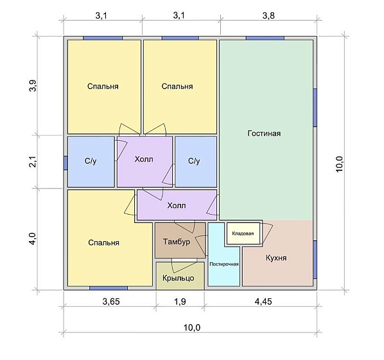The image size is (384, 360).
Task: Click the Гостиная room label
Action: coord(264,134)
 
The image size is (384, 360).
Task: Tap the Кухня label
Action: coord(276,258)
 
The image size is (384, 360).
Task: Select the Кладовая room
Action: coord(243,233)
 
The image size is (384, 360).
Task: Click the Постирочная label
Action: coord(224,264)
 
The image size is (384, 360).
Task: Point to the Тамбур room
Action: coord(180,240)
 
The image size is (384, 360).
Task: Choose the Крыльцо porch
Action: coord(180,276)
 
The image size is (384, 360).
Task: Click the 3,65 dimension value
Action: coord(111,301)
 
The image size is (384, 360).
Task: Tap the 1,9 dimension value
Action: coord(180,301)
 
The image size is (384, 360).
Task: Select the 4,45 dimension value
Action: coord(263,301)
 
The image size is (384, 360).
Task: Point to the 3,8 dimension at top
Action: coord(268,15)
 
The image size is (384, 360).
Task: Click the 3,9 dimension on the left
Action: coord(33,86)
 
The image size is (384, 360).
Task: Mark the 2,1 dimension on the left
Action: coord(33,161)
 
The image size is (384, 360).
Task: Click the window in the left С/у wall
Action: coord(65,163)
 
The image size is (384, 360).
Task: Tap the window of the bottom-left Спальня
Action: coord(109,288)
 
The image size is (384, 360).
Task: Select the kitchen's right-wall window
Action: coord(315,260)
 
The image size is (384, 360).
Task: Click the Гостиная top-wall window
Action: coord(265,38)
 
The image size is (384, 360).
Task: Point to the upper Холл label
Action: coord(144,159)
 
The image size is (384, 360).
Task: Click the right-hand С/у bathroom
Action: coord(196,162)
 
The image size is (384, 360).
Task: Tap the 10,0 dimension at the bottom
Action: coord(192,328)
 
